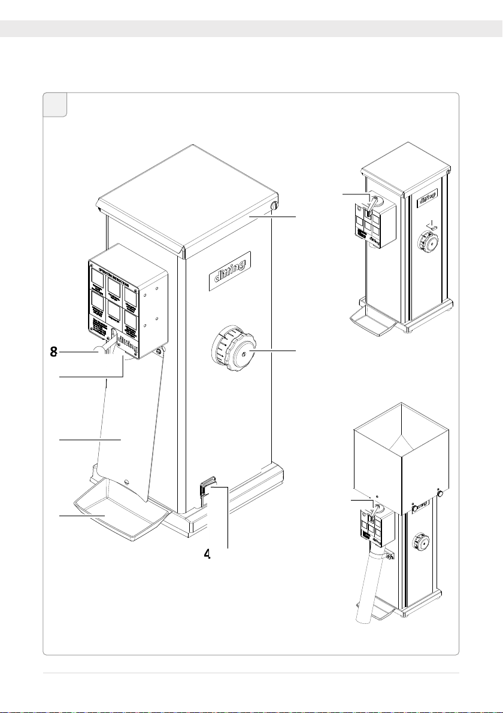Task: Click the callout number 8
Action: point(53,353)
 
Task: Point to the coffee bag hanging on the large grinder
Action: point(126,431)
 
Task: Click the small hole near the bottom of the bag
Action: point(127,481)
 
